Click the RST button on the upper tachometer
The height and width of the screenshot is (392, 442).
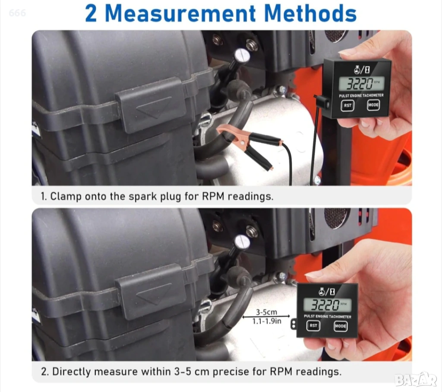pyautogui.click(x=347, y=105)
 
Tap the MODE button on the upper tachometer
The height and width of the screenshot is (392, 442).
pyautogui.click(x=373, y=105)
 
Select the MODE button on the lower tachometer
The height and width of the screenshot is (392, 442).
pyautogui.click(x=340, y=326)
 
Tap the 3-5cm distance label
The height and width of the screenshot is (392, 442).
pyautogui.click(x=266, y=312)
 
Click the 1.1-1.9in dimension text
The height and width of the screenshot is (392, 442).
pyautogui.click(x=267, y=321)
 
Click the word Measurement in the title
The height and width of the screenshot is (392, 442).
pyautogui.click(x=180, y=13)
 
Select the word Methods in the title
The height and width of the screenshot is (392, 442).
pyautogui.click(x=310, y=13)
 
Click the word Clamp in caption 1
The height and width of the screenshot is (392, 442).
pyautogui.click(x=66, y=196)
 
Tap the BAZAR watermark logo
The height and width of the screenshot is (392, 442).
pyautogui.click(x=416, y=379)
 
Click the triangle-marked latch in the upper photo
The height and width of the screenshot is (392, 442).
pyautogui.click(x=151, y=106)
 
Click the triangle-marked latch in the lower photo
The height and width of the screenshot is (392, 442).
pyautogui.click(x=150, y=293)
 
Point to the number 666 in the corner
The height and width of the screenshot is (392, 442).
pyautogui.click(x=17, y=13)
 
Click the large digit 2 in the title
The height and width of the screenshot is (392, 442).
pyautogui.click(x=91, y=13)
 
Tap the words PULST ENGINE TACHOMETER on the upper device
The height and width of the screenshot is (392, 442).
pyautogui.click(x=361, y=96)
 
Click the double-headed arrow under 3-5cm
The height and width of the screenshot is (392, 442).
pyautogui.click(x=266, y=317)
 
